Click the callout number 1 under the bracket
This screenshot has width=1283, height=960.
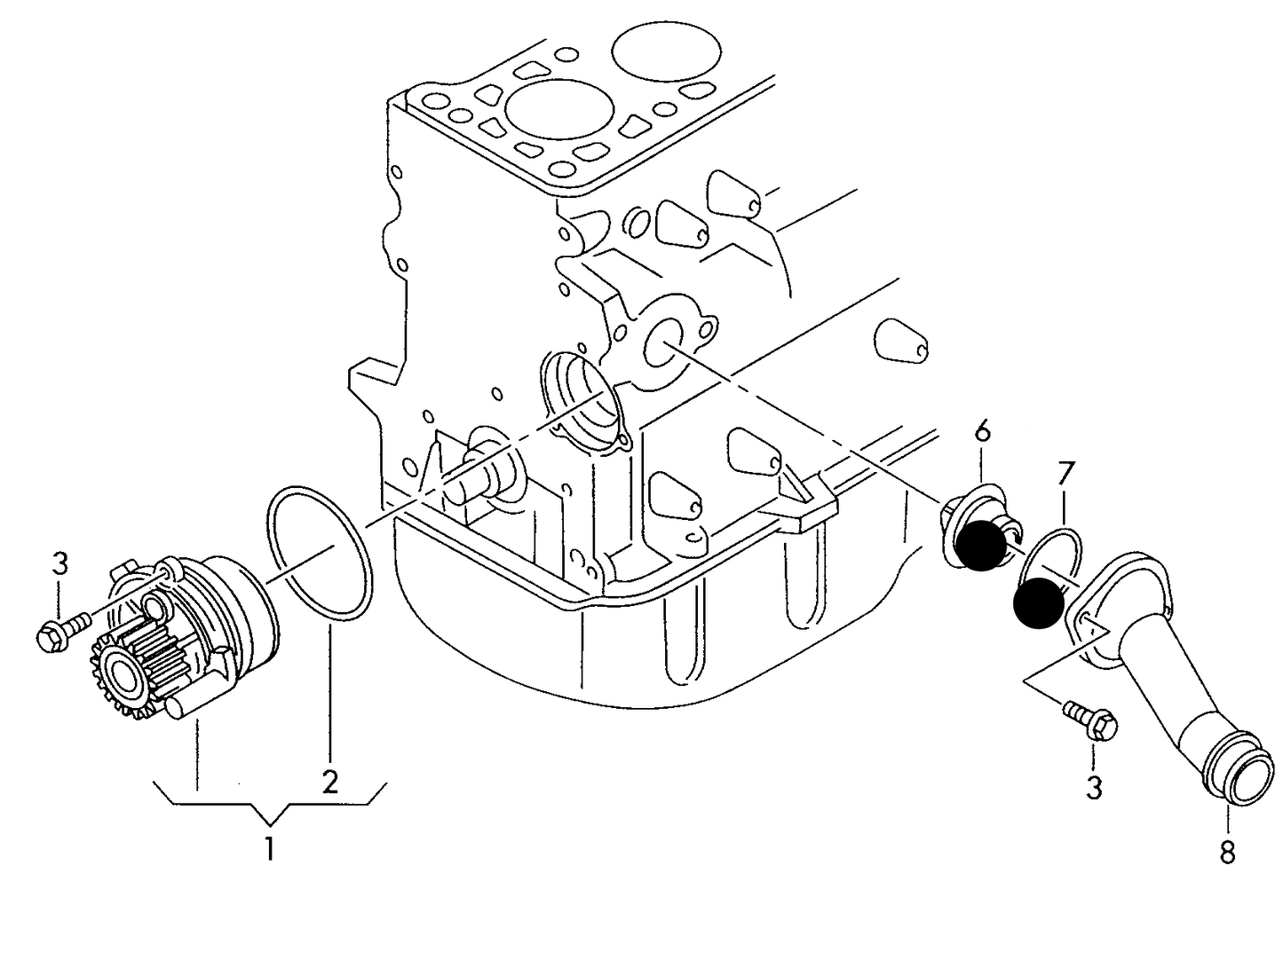pyautogui.click(x=269, y=849)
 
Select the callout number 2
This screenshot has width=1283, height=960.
pyautogui.click(x=329, y=781)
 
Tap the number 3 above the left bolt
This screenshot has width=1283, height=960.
pyautogui.click(x=59, y=564)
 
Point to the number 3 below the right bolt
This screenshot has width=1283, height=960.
pyautogui.click(x=1094, y=786)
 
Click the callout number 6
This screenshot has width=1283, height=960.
pyautogui.click(x=981, y=432)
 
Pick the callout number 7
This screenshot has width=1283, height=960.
pyautogui.click(x=1064, y=474)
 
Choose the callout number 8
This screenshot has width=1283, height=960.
pyautogui.click(x=1227, y=852)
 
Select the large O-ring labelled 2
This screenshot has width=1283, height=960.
pyautogui.click(x=320, y=552)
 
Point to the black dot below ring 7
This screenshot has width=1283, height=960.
pyautogui.click(x=1038, y=602)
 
